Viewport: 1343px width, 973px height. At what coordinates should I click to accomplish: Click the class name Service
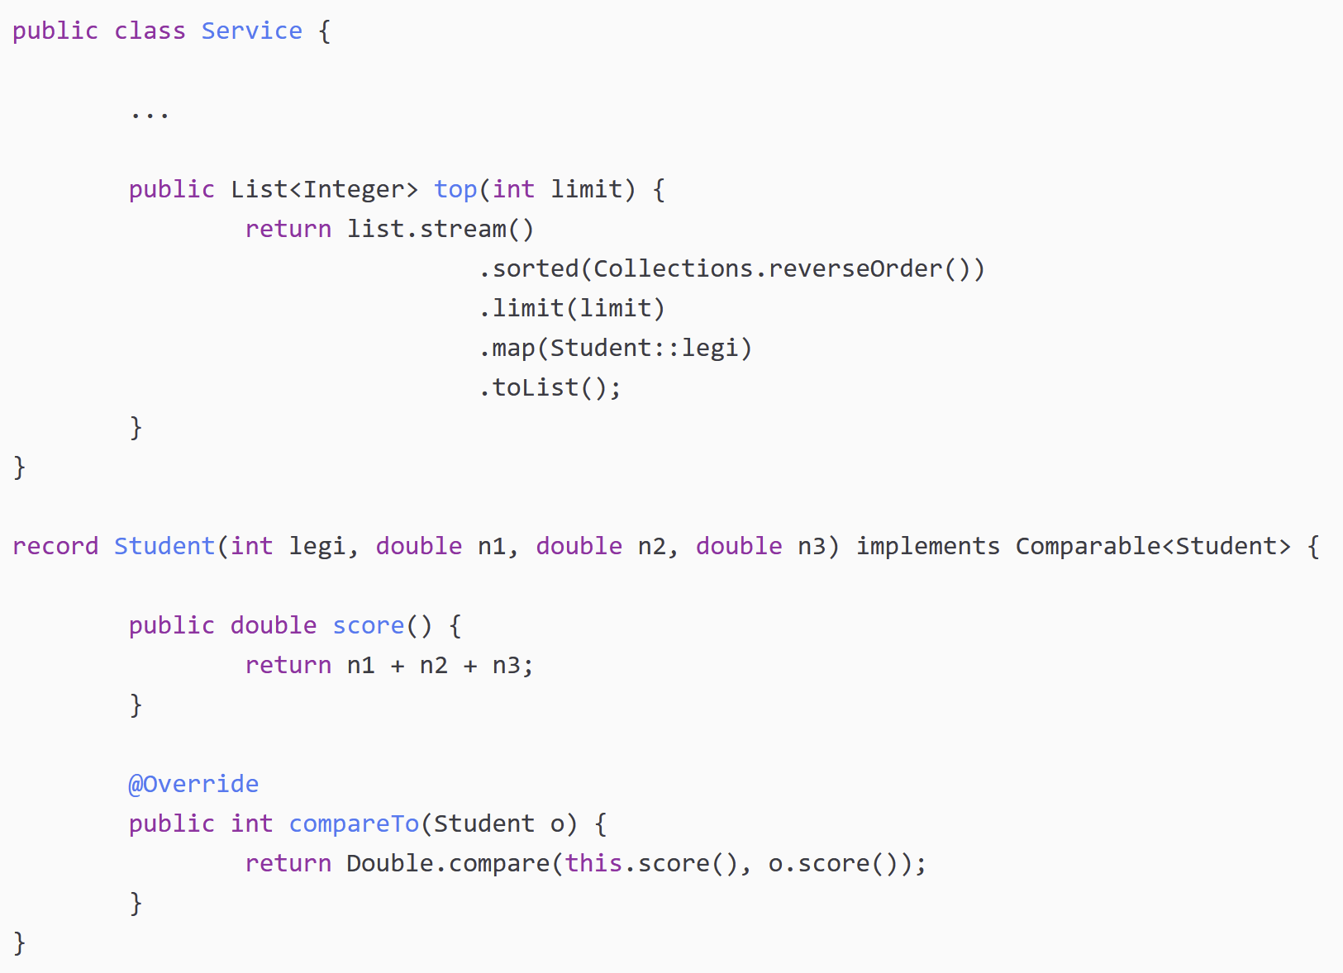(x=251, y=31)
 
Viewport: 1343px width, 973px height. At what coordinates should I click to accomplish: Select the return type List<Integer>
(x=324, y=190)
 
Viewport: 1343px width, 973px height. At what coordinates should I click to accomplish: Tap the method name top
(x=455, y=190)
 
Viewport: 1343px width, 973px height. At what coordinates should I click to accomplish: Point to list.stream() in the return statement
(x=440, y=229)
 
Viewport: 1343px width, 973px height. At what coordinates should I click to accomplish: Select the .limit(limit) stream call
(x=572, y=309)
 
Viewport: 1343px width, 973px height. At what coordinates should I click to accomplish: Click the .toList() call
(x=550, y=388)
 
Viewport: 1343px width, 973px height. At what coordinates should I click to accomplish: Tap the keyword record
(x=55, y=547)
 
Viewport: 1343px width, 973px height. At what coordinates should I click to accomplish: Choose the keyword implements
(x=927, y=547)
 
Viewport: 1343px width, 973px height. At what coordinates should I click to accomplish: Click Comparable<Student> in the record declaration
(x=1152, y=547)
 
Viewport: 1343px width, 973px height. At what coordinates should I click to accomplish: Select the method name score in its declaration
(x=368, y=626)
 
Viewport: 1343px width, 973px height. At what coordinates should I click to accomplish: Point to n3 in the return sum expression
(x=506, y=666)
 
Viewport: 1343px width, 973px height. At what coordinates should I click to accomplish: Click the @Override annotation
(x=193, y=785)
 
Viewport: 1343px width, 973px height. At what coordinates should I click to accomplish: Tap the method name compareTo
(x=354, y=824)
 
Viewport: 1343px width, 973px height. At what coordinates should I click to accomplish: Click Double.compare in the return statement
(x=447, y=864)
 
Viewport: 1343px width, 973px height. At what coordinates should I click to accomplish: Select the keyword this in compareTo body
(x=593, y=864)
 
